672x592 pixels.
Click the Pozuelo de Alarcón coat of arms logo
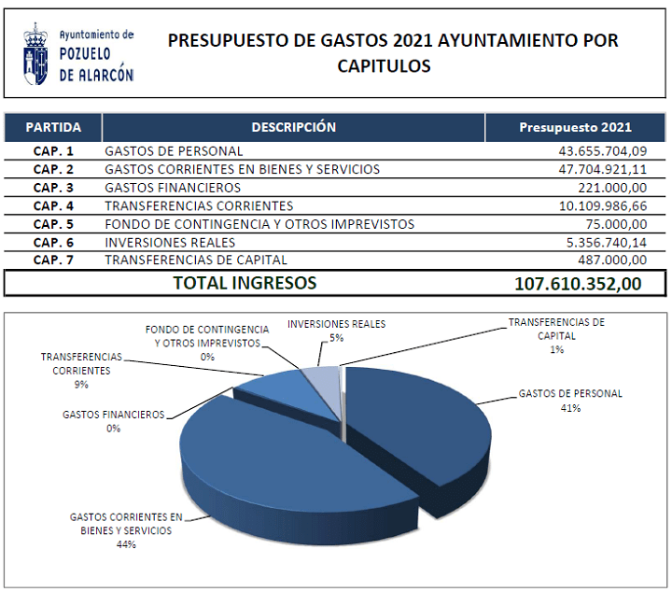click(35, 54)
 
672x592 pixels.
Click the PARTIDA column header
click(53, 127)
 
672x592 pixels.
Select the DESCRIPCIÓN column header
click(294, 127)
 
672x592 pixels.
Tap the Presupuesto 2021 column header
click(575, 127)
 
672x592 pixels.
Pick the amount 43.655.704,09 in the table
click(603, 151)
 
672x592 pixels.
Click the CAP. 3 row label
click(53, 188)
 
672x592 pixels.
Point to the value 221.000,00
click(612, 188)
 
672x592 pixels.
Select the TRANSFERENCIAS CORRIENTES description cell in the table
click(199, 206)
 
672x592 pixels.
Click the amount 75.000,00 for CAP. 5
click(616, 224)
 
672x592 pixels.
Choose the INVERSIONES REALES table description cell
click(170, 243)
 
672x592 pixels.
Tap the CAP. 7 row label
click(53, 260)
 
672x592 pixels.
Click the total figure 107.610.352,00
click(578, 284)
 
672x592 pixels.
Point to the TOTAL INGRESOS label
click(245, 283)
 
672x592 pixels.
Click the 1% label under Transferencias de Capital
click(556, 350)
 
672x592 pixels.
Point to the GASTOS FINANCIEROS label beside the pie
click(114, 415)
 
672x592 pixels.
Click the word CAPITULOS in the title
click(384, 66)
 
